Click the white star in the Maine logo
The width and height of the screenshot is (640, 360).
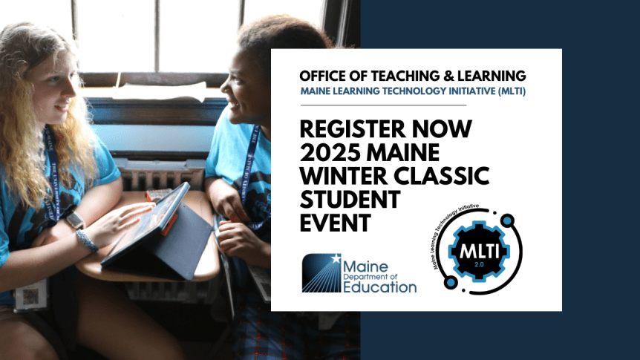tap(336, 260)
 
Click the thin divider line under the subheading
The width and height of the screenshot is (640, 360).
tap(382, 105)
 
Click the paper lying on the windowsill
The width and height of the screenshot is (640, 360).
tap(160, 92)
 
